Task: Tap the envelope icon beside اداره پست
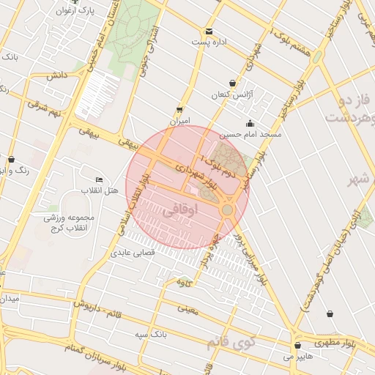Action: tap(209, 31)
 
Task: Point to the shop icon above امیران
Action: tap(179, 109)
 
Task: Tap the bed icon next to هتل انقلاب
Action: tap(100, 180)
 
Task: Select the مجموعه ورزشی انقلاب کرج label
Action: tap(66, 223)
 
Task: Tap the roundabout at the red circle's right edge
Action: tap(228, 210)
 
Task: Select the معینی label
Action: tap(187, 308)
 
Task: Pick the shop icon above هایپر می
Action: tap(297, 346)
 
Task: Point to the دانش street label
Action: tap(57, 75)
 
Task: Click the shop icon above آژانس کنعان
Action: tap(233, 83)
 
